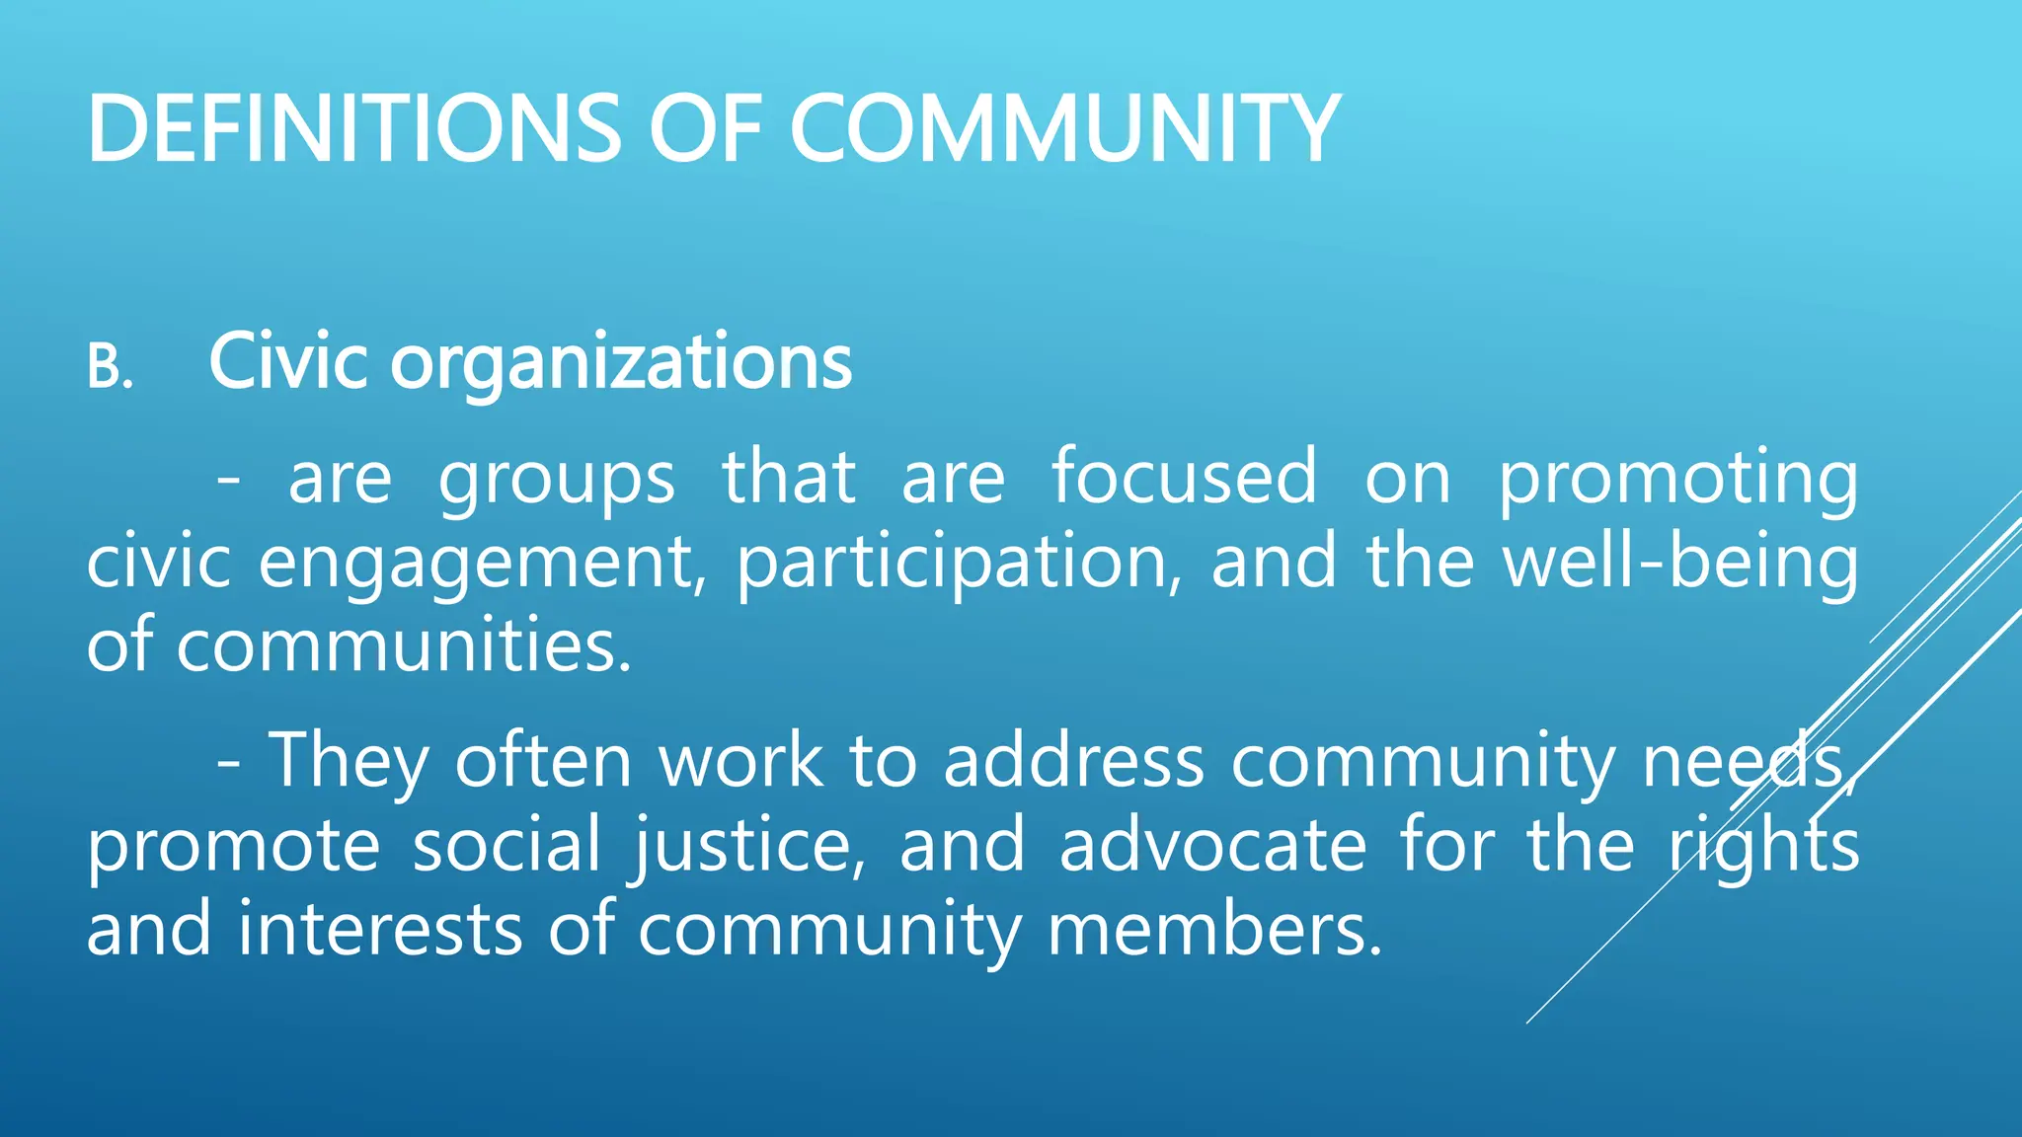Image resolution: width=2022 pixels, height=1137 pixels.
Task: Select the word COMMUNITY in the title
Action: [x=1063, y=128]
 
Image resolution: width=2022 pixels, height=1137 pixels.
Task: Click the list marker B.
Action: [x=110, y=367]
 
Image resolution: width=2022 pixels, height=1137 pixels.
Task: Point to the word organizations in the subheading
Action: [x=621, y=363]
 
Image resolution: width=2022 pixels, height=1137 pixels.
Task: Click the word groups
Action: [x=557, y=480]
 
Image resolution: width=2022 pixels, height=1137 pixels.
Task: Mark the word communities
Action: [x=403, y=646]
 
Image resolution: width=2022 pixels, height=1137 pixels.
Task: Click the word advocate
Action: [x=1213, y=846]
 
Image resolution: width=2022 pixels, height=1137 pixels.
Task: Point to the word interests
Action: [x=379, y=930]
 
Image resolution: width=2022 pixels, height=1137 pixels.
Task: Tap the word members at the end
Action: [x=1213, y=930]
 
